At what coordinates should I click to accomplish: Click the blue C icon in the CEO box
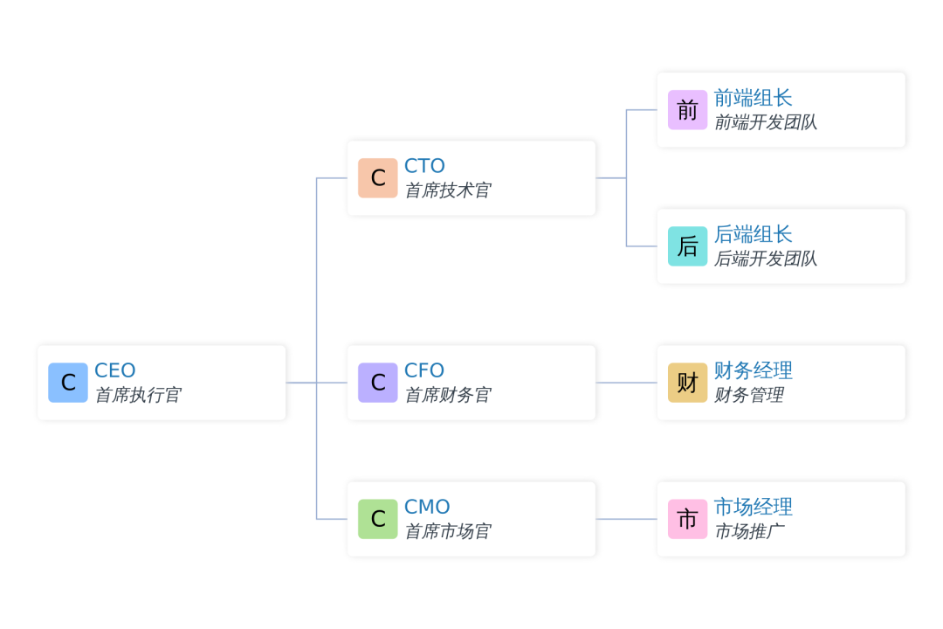pos(68,383)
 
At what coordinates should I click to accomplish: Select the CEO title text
pos(115,370)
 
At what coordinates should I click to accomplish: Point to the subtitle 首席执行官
pos(138,395)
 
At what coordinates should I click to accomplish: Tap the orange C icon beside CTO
pos(378,177)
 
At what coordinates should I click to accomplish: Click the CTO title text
pos(424,165)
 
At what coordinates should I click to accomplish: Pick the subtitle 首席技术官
pos(448,190)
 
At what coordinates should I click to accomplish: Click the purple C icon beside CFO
pos(378,383)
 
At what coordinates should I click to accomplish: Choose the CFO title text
pos(424,370)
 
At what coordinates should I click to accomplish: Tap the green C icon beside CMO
pos(378,519)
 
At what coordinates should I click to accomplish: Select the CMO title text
pos(427,507)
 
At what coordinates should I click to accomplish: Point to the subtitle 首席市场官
pos(448,531)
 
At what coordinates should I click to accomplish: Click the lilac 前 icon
pos(687,109)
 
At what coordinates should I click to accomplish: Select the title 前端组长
pos(753,98)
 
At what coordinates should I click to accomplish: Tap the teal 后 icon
pos(687,246)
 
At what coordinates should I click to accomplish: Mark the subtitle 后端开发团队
pos(766,259)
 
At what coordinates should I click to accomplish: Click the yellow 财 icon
pos(687,383)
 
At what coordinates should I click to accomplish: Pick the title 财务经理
pos(753,370)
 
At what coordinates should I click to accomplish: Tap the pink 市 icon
pos(687,519)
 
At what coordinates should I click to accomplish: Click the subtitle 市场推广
pos(749,531)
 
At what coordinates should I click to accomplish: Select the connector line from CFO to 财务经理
pos(626,383)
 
